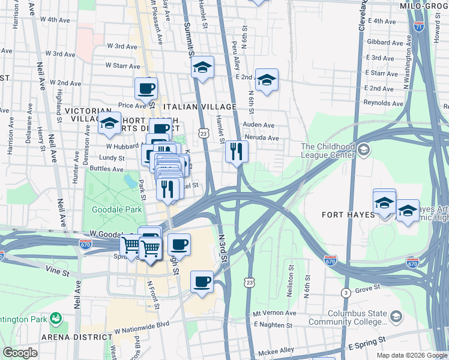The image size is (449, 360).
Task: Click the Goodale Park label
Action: point(117,209)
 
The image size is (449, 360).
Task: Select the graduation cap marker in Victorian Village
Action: point(109,124)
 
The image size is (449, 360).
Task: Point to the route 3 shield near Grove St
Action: point(346,293)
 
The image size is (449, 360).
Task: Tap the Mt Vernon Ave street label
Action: point(275,313)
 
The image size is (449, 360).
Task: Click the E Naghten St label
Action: point(273,325)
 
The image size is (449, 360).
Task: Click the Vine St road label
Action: point(59,272)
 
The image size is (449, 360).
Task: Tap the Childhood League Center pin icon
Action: point(364,149)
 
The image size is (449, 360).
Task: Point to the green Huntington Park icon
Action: point(56,317)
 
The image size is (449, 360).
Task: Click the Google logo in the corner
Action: point(20,353)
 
